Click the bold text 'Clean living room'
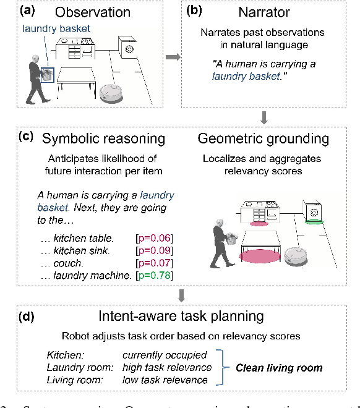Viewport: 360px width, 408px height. coord(279,368)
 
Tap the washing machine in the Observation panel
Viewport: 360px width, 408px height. coord(130,49)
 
